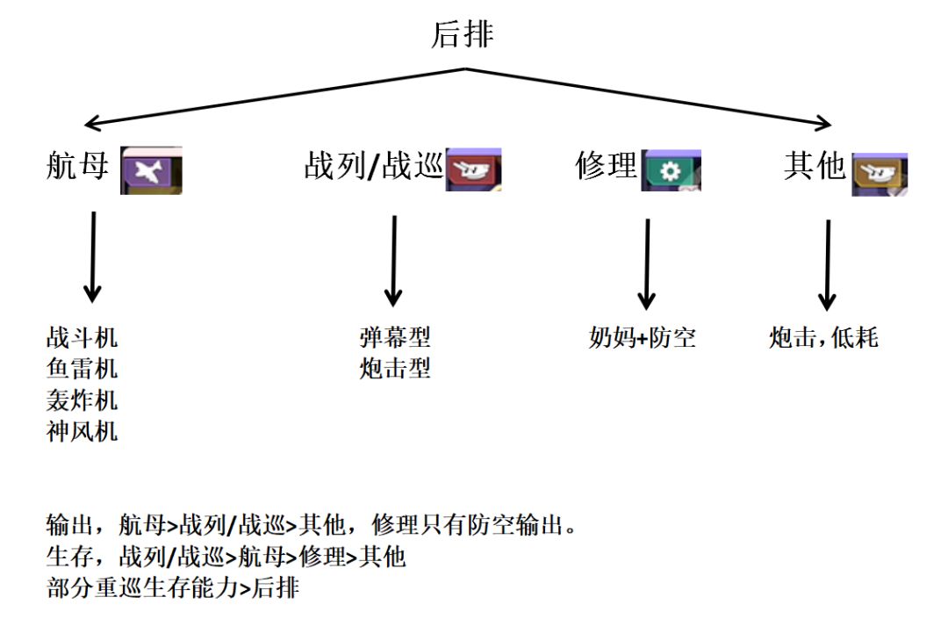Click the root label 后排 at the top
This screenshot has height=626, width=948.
point(463,34)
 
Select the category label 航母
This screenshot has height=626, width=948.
point(77,164)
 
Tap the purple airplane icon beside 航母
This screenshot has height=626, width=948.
point(150,170)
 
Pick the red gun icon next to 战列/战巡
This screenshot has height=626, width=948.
point(473,170)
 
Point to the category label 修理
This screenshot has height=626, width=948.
point(606,164)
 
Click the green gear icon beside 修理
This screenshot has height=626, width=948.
point(671,170)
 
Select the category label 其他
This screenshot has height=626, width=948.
point(815,164)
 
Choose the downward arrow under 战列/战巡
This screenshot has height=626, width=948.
point(394,260)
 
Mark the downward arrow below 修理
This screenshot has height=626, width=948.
point(647,263)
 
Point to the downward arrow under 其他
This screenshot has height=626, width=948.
point(827,263)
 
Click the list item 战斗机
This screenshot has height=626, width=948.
point(82,337)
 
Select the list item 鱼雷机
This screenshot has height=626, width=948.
point(82,369)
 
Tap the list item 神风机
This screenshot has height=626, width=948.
point(82,432)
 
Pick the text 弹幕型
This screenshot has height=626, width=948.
point(395,337)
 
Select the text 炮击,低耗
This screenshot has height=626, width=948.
point(823,338)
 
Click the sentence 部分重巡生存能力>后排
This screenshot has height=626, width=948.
point(173,587)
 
